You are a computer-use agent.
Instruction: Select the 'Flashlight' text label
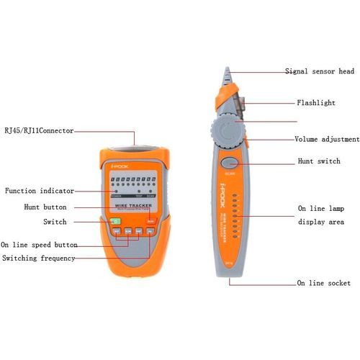point(316,103)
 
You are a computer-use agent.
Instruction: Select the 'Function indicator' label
point(40,191)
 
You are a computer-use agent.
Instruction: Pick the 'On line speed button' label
point(40,244)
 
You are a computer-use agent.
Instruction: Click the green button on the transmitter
point(116,222)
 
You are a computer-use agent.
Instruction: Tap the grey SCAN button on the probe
point(229,163)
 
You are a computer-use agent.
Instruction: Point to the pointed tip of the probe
point(227,71)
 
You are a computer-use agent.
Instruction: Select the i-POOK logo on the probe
point(219,217)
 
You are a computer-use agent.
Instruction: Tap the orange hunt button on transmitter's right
point(151,221)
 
